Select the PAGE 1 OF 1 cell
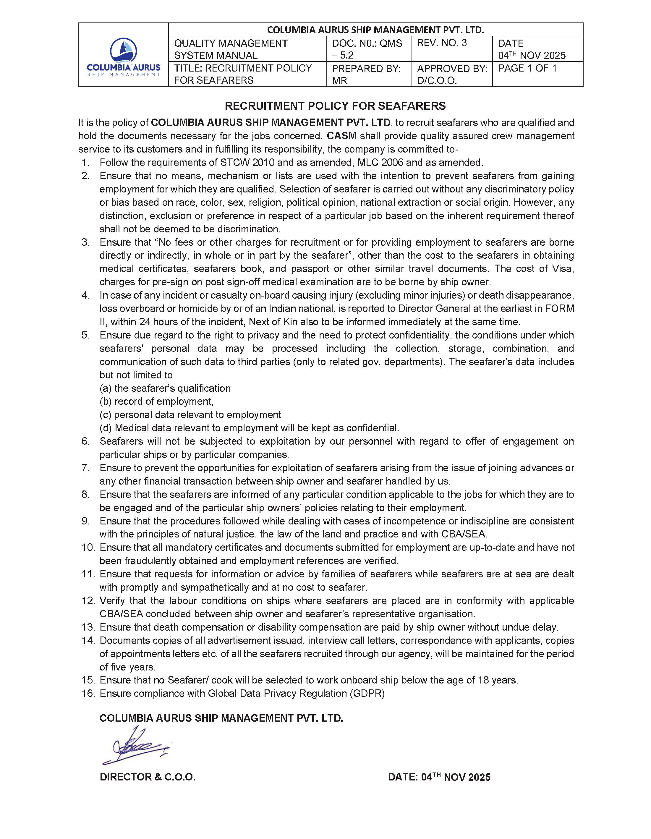tap(527, 68)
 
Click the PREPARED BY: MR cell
tap(366, 74)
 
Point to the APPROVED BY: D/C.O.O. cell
tap(452, 74)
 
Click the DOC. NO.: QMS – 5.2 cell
tap(367, 49)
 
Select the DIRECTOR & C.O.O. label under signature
tap(148, 777)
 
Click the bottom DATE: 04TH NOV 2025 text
tap(439, 777)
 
